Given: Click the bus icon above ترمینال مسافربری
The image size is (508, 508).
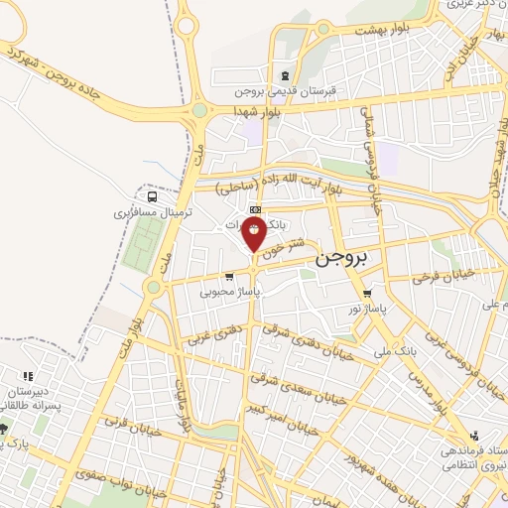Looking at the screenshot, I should (x=150, y=195).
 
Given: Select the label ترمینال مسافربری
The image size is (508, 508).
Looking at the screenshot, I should (x=145, y=212).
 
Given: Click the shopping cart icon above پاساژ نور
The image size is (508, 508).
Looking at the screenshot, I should (x=368, y=294).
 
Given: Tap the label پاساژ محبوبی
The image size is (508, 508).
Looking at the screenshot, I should (x=229, y=293).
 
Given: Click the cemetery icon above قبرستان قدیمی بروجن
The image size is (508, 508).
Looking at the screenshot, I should (x=286, y=75).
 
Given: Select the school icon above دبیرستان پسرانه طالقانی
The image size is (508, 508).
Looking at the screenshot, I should (x=27, y=376).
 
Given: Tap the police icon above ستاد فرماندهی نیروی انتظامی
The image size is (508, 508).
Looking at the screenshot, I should (x=473, y=435).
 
